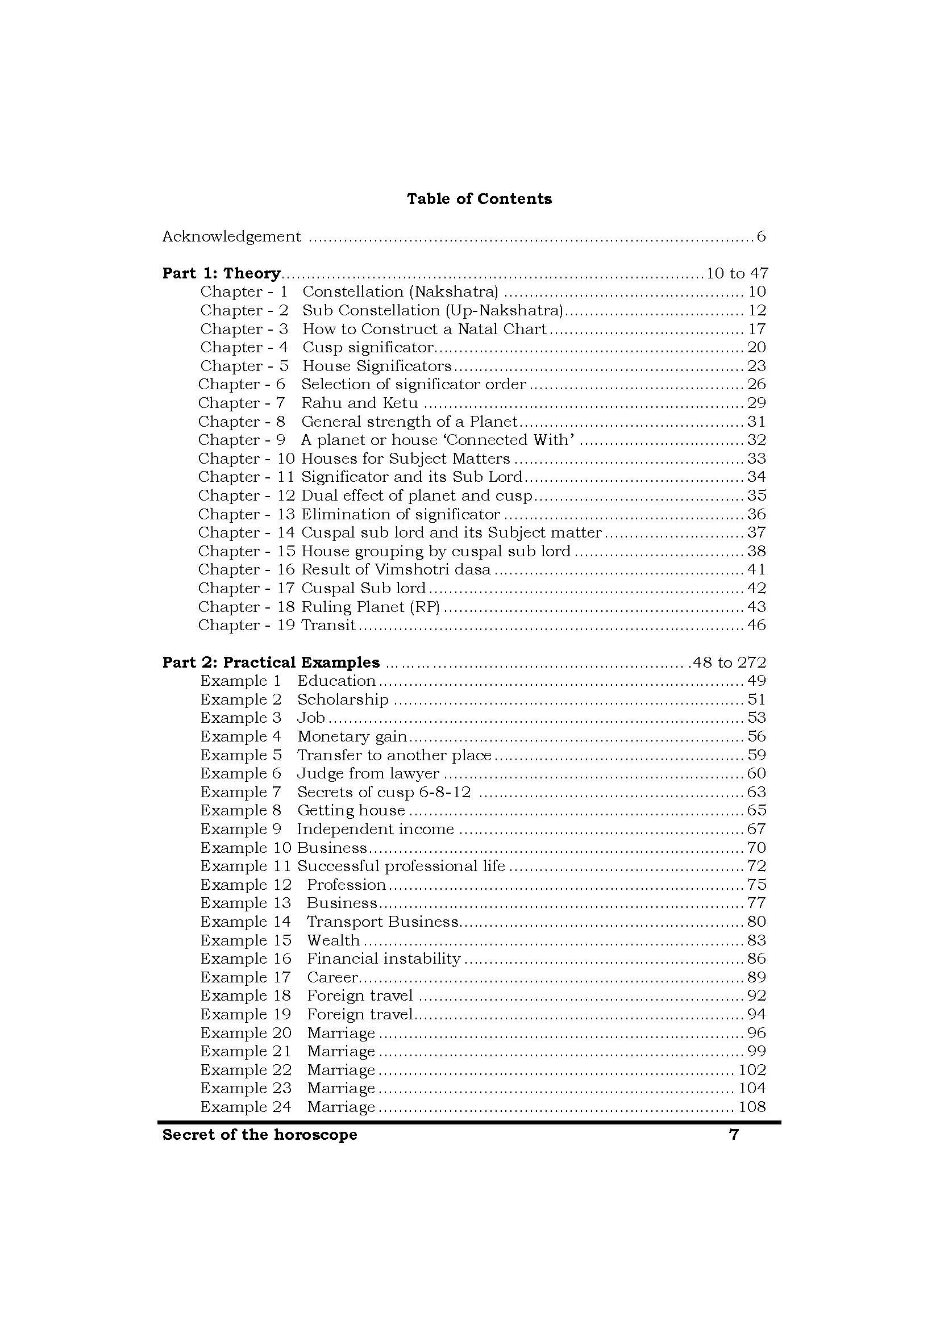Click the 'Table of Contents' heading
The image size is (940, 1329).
tap(479, 199)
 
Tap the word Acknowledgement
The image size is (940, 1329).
tap(231, 237)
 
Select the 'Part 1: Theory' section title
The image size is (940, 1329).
tap(221, 273)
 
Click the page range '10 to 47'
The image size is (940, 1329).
tap(736, 273)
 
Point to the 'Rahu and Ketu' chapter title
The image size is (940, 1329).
tap(359, 403)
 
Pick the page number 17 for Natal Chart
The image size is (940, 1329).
tap(756, 330)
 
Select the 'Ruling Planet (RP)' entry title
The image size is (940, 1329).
tap(371, 607)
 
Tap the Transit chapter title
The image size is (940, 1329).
tap(328, 626)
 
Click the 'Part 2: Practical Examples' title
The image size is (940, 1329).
tap(271, 662)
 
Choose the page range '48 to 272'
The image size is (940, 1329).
tap(729, 662)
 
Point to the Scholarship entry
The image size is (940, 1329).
tap(343, 700)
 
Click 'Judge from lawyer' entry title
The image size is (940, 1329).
tap(368, 774)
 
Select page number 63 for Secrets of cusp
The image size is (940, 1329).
tap(756, 793)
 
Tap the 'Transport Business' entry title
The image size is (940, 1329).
tap(382, 922)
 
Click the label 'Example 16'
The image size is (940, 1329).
tap(246, 959)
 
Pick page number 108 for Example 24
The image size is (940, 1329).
tap(752, 1107)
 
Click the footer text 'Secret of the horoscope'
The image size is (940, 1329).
tap(259, 1135)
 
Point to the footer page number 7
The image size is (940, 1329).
tap(733, 1135)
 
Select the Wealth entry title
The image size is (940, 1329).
tap(333, 940)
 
